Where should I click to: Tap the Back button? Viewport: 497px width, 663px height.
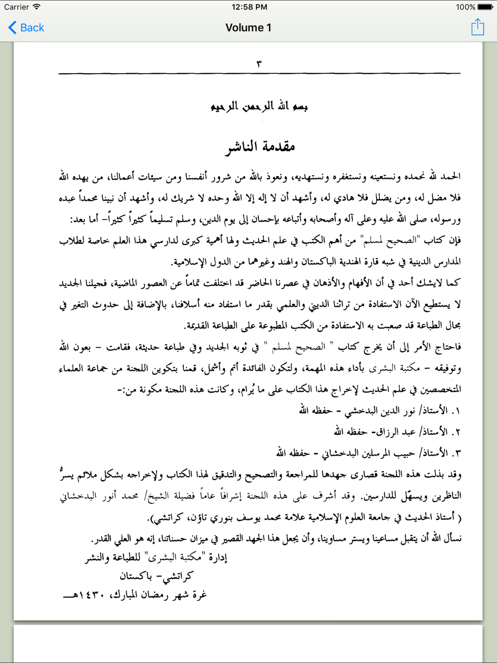tap(26, 28)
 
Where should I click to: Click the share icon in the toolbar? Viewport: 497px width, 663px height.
tap(478, 27)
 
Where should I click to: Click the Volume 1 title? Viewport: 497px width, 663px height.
tap(248, 28)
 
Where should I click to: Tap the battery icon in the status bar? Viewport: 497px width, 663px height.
tap(485, 7)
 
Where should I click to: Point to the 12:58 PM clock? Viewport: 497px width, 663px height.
tap(249, 7)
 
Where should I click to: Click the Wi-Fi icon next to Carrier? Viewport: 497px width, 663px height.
tap(37, 7)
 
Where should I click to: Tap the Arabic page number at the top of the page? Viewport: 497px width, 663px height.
tap(259, 64)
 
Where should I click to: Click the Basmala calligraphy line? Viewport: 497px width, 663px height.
tap(259, 106)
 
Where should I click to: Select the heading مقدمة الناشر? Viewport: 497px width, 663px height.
tap(260, 147)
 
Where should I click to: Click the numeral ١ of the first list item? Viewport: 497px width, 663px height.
tap(456, 411)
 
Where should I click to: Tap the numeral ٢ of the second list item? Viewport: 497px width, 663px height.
tap(456, 432)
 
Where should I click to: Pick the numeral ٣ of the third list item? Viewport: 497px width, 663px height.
tap(456, 453)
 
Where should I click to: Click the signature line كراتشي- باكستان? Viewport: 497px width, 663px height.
tap(156, 576)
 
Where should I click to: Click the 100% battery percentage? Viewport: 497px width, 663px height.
tap(465, 7)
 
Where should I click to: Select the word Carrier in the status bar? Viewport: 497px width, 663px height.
tap(16, 7)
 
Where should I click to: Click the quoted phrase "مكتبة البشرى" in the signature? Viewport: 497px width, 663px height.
tap(174, 557)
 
